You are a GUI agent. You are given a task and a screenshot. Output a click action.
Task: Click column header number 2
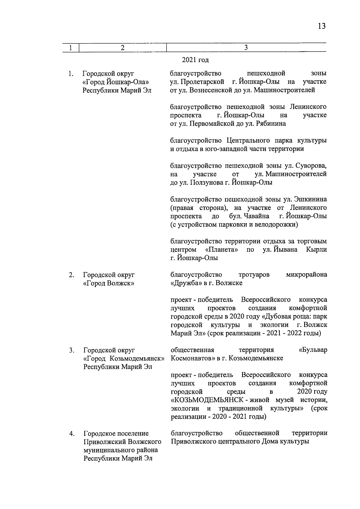pyautogui.click(x=122, y=47)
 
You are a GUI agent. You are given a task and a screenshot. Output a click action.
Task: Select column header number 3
pyautogui.click(x=246, y=47)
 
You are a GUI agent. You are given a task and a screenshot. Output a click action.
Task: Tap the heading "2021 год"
pyautogui.click(x=195, y=60)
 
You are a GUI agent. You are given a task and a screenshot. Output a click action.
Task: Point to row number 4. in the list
pyautogui.click(x=71, y=434)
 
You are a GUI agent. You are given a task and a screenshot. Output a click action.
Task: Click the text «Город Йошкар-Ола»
pyautogui.click(x=115, y=82)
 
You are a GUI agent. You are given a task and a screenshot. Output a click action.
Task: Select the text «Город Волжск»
pyautogui.click(x=108, y=283)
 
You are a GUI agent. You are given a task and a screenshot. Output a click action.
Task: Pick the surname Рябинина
pyautogui.click(x=271, y=124)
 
